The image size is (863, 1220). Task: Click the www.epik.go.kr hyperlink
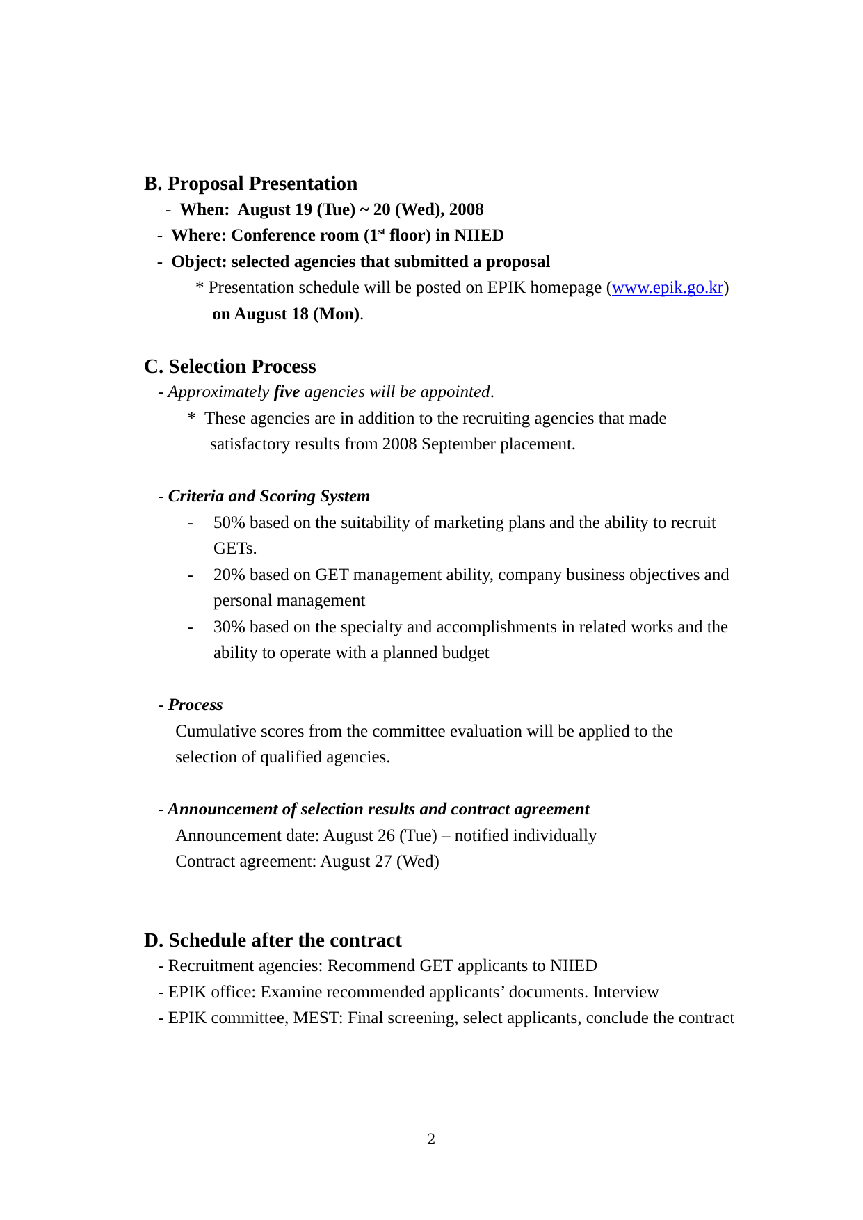[x=668, y=288]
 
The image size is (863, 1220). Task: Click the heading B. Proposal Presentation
[x=250, y=184]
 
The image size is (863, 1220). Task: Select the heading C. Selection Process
[x=229, y=367]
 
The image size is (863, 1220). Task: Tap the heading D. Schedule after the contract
[x=273, y=940]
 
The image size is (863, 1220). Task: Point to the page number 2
[x=431, y=1139]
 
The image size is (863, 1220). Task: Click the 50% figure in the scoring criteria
[x=229, y=523]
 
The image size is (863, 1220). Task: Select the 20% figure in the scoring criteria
[x=229, y=575]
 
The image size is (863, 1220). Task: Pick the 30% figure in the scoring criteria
[x=229, y=627]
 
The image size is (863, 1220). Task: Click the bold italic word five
[x=287, y=392]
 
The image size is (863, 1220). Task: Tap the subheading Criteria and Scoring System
[x=269, y=497]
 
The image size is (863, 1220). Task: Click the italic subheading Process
[x=195, y=705]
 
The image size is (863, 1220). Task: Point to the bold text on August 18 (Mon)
[x=286, y=314]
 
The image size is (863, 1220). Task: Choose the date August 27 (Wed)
[x=380, y=862]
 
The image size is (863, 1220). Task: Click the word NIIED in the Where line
[x=479, y=236]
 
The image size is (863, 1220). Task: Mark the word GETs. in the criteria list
[x=235, y=549]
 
